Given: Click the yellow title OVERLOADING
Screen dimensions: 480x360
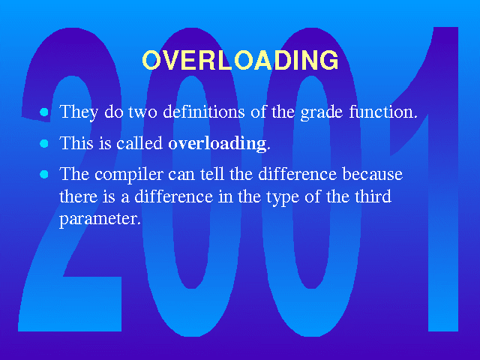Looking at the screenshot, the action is [240, 60].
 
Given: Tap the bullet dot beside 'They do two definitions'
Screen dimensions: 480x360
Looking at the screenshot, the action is [44, 112].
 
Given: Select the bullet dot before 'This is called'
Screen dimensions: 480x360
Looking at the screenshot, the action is [44, 143].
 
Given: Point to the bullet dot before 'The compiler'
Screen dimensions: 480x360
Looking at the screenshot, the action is [44, 175].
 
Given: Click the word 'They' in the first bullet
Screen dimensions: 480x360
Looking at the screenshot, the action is [79, 112].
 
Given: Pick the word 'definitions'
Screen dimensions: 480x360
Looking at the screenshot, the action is [204, 112].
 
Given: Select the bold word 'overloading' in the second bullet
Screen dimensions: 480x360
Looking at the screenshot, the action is [217, 144].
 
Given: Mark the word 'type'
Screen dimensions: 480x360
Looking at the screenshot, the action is [283, 197].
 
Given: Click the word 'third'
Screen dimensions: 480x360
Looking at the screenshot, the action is [373, 196].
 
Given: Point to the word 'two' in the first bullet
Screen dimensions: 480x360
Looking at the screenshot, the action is [142, 112].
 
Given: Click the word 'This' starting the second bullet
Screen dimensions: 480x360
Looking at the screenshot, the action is [76, 142].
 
